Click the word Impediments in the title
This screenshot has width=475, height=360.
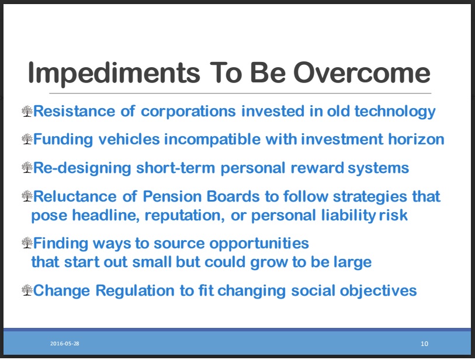[114, 73]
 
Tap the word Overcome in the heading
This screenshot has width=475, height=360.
[362, 72]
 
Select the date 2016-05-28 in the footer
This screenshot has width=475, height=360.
[64, 343]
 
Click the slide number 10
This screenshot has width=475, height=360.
[424, 344]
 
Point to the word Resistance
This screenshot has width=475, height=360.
[74, 111]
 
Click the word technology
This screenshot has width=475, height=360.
[395, 112]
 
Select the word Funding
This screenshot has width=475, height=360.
[63, 140]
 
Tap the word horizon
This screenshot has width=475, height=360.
[416, 139]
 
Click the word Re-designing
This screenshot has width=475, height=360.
[82, 168]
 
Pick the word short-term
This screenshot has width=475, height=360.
[176, 168]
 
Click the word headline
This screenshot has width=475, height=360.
[106, 216]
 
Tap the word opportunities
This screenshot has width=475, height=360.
[259, 244]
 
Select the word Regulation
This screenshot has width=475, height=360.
[135, 291]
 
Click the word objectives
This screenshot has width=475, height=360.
[379, 291]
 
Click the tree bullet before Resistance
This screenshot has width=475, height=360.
[27, 111]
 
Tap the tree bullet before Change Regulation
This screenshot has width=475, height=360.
[27, 290]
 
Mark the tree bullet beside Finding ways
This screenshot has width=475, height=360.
[27, 243]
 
